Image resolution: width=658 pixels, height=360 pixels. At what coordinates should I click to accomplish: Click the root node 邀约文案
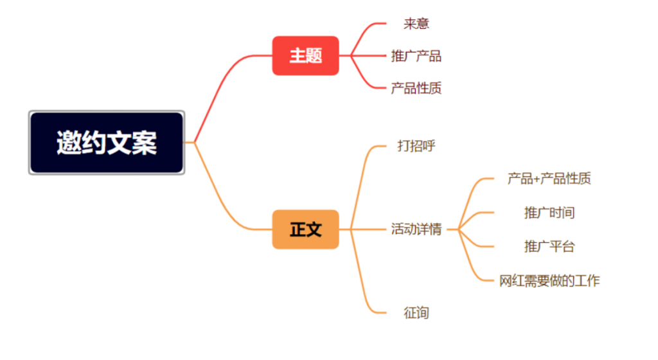click(x=107, y=142)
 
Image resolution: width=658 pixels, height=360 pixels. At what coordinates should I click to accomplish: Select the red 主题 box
click(x=305, y=56)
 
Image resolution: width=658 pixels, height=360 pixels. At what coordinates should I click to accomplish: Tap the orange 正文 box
click(x=305, y=229)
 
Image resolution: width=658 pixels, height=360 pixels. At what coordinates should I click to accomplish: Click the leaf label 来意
click(x=416, y=24)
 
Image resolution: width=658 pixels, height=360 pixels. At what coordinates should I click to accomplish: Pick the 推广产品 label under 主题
click(x=416, y=56)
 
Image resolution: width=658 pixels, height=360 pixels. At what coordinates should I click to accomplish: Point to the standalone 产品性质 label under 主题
click(x=416, y=89)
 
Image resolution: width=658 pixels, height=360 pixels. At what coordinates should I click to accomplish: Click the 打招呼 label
click(x=416, y=146)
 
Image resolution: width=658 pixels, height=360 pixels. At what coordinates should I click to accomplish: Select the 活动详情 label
click(x=416, y=229)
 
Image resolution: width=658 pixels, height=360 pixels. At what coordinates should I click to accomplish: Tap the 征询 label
click(x=416, y=313)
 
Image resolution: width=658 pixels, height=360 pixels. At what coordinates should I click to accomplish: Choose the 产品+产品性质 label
click(x=549, y=179)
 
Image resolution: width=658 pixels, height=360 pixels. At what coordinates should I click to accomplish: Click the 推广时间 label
click(x=549, y=212)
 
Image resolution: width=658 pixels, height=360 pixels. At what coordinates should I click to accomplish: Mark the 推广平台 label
click(x=549, y=246)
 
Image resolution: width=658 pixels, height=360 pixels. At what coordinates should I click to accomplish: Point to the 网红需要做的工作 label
click(x=549, y=280)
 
